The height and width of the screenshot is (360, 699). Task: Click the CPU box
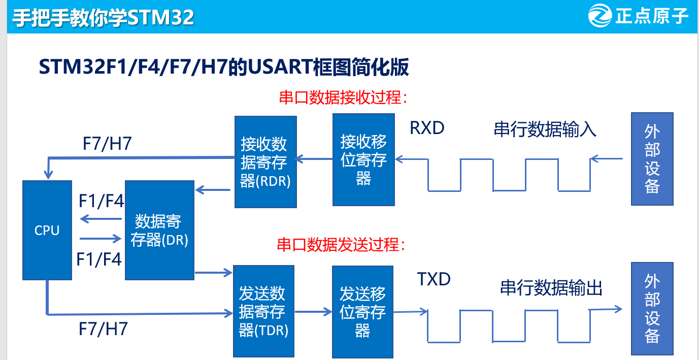coord(47,230)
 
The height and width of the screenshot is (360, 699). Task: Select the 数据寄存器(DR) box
coord(159,230)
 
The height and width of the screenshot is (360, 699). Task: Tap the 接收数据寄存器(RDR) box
coord(265,162)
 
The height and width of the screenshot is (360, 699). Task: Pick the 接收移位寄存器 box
coord(363,159)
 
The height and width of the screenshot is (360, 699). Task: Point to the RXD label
coord(427,128)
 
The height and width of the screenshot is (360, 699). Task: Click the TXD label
coord(434,279)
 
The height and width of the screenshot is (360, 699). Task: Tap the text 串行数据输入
coord(545,129)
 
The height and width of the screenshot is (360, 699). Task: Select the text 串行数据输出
coord(551,288)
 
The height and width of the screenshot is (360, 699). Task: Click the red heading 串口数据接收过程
coord(344,97)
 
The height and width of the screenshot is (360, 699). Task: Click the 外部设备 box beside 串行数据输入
coord(652,159)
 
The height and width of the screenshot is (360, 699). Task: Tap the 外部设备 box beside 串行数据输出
coord(652,308)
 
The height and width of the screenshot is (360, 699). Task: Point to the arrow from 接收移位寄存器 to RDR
coord(314,159)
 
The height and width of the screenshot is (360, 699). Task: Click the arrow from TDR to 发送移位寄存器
coord(313,312)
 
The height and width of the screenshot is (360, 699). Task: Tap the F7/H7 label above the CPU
coord(107,143)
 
